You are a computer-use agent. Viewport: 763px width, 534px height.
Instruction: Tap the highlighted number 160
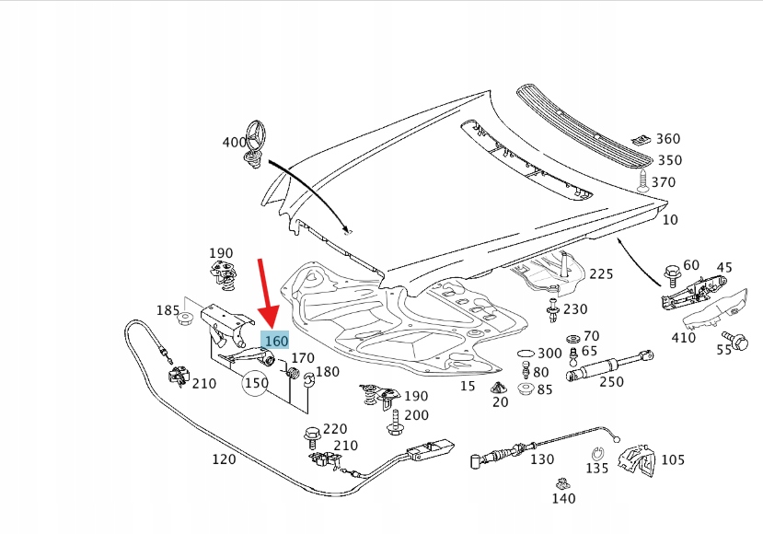tap(276, 341)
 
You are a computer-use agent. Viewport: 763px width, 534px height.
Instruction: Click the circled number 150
tap(256, 383)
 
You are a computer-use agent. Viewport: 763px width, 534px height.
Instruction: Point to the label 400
tap(234, 142)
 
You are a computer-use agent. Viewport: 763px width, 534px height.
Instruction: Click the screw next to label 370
tap(643, 180)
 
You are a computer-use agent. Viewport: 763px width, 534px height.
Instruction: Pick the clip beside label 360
tap(642, 140)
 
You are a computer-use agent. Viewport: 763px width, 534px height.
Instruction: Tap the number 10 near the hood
tap(670, 220)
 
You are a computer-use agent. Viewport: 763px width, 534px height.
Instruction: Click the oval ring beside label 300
tap(526, 353)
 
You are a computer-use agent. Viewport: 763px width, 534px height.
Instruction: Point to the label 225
tap(601, 274)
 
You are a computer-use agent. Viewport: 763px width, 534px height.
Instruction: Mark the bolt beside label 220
tap(311, 436)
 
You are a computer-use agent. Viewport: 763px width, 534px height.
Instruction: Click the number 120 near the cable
tap(224, 459)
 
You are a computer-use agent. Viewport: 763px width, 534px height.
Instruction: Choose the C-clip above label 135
tap(598, 454)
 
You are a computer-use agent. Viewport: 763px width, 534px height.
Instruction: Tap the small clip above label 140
tap(563, 484)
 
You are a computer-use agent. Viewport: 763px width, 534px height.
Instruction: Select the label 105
tap(673, 459)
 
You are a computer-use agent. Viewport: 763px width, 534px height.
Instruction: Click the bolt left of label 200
tap(395, 423)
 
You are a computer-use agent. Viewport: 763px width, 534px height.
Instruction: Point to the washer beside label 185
tap(185, 319)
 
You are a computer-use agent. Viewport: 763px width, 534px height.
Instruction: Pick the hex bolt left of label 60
tap(672, 275)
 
